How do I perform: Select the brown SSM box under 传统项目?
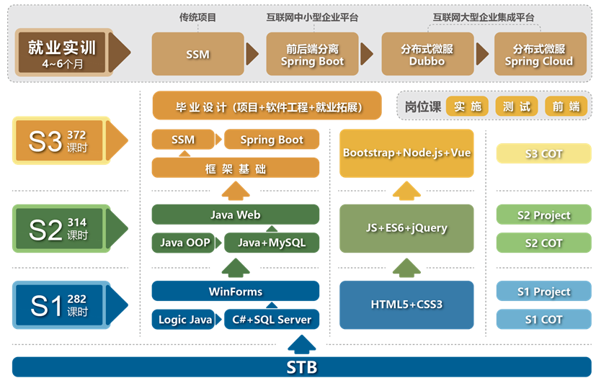[x=197, y=54]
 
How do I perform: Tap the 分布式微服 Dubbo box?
[x=427, y=55]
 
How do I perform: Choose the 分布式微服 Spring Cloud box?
[x=538, y=55]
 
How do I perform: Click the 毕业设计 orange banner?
[x=267, y=107]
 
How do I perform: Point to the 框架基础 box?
[x=235, y=168]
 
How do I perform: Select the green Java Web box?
[x=235, y=215]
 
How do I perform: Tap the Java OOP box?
[x=184, y=243]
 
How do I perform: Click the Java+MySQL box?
[x=271, y=243]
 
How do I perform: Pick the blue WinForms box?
[x=235, y=292]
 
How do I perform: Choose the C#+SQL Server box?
[x=271, y=320]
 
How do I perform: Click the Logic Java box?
[x=184, y=320]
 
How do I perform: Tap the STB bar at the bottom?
[x=301, y=367]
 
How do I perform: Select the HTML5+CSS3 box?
[x=406, y=305]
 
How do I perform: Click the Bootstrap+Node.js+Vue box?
[x=406, y=153]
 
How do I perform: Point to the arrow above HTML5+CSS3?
[x=406, y=268]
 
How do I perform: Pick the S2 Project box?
[x=543, y=215]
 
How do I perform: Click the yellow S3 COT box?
[x=543, y=153]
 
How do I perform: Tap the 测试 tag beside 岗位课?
[x=516, y=107]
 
